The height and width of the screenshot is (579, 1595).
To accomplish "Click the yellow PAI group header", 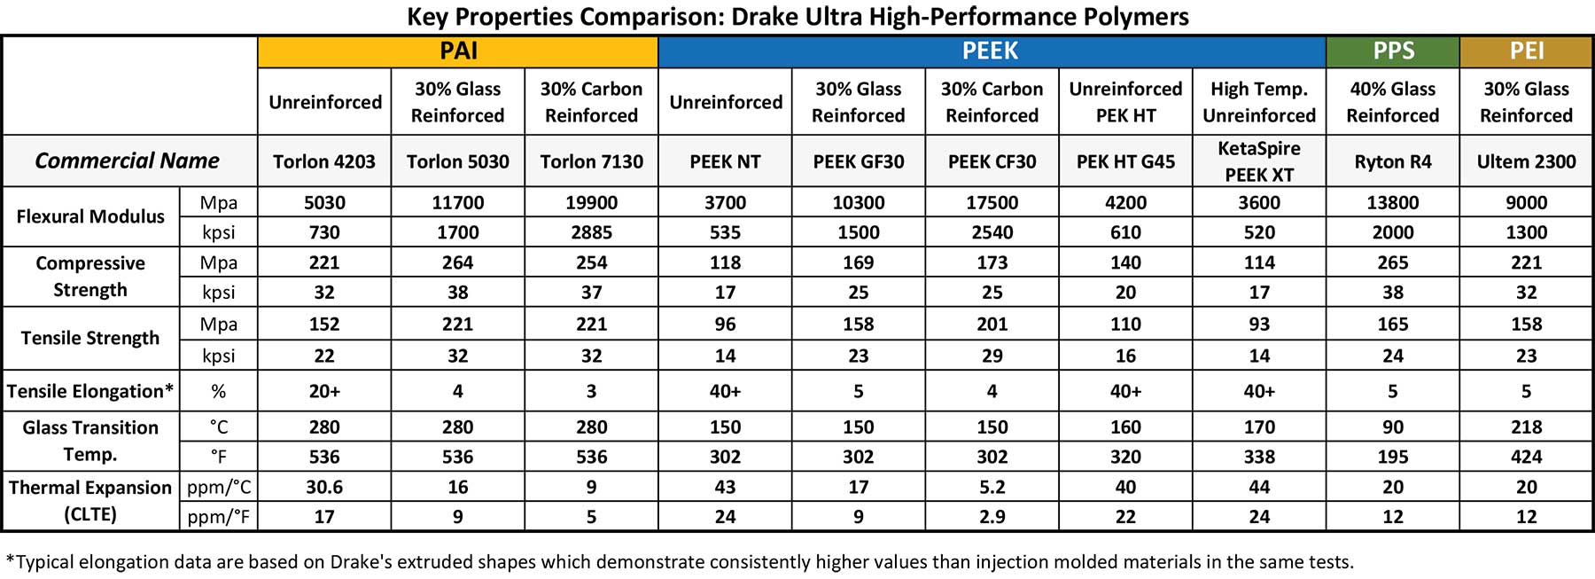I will pos(458,51).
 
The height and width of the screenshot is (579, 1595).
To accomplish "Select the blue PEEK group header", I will pos(991,51).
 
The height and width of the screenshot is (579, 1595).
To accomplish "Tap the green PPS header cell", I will pos(1393,51).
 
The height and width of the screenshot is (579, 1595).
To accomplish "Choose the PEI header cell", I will pos(1527,51).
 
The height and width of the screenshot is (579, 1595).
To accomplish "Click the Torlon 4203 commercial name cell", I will pos(324,161).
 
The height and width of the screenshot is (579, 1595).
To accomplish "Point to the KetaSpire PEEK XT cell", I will pos(1258,161).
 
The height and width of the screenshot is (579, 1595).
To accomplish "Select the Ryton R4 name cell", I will pos(1393,161).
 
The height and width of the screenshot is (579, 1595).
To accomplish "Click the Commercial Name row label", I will pos(127,160).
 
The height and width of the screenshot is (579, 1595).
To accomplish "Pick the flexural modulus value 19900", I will pos(591,202).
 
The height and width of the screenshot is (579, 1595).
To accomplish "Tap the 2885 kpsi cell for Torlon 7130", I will pos(591,232).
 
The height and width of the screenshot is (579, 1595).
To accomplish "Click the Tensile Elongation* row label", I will pos(90,391).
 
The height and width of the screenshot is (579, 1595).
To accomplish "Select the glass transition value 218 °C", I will pos(1526,426).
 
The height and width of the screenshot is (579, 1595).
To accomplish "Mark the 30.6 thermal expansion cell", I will pos(324,487).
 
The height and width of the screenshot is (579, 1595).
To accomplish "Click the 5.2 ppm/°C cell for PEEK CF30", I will pos(992,487).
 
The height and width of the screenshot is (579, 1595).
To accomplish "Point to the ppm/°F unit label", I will pos(218,517).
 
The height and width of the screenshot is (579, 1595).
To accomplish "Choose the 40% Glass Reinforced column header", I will pos(1393,102).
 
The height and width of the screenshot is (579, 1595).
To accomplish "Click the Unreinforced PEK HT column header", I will pos(1125,102).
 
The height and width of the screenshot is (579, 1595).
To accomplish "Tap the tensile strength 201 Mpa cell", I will pos(992,324).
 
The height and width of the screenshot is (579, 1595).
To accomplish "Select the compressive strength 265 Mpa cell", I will pos(1393,262).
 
